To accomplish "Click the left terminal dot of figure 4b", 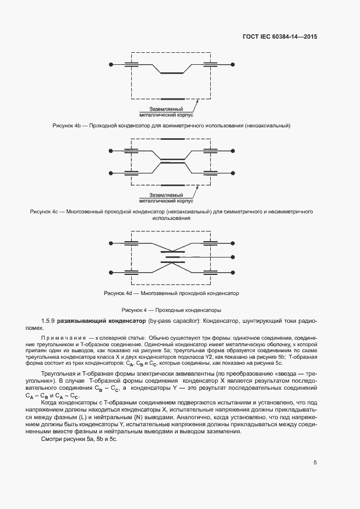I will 111,65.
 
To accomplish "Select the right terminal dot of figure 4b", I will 233,65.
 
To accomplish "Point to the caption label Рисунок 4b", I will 66,126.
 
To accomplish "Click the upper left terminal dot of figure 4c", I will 111,150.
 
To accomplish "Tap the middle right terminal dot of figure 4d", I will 233,256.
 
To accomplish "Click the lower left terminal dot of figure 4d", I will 111,271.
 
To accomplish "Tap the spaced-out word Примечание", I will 57,339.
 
